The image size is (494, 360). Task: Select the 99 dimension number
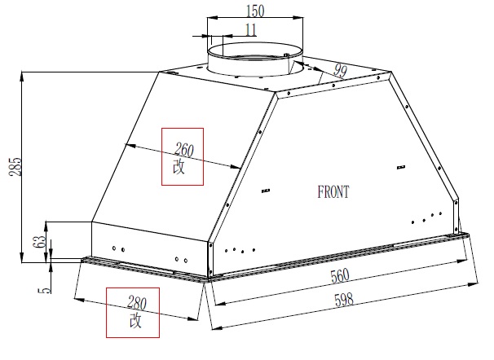pos(340,72)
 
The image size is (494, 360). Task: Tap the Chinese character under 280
pos(135,322)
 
